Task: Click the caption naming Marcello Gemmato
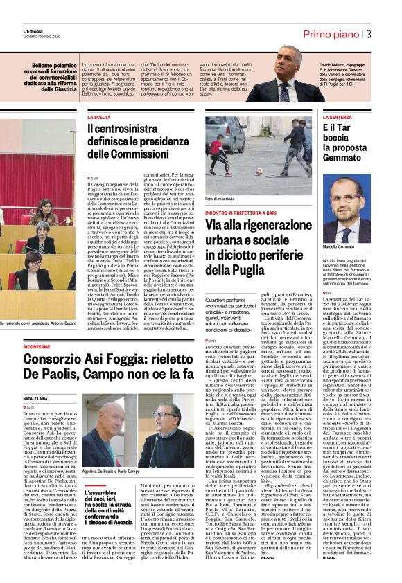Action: coord(338,246)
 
